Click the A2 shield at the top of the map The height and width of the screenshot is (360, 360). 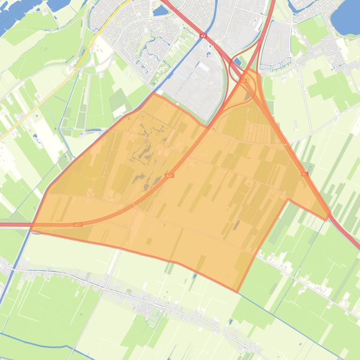(202, 36)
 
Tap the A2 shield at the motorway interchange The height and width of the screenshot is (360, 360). (243, 80)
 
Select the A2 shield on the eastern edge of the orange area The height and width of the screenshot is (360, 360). (304, 174)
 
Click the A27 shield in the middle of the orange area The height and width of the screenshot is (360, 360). (169, 175)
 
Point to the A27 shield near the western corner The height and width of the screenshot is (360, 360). (78, 225)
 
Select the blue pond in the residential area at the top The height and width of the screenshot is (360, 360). (160, 10)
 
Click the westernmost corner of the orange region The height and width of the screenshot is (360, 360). (31, 229)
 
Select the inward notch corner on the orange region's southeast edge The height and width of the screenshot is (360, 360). (288, 200)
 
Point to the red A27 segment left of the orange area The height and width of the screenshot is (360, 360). (14, 225)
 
